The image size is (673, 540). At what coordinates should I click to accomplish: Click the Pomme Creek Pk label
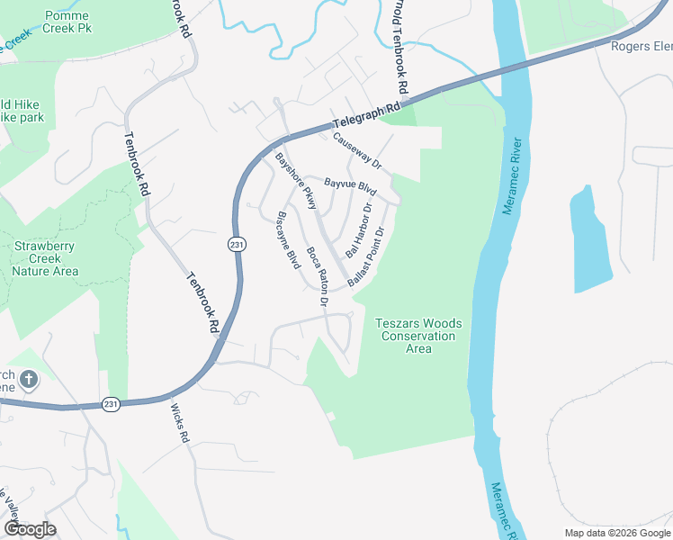(59, 22)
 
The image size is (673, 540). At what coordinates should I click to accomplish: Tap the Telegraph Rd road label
(366, 116)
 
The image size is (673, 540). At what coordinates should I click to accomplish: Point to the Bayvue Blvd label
(350, 185)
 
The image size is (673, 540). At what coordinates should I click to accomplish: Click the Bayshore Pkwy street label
(296, 182)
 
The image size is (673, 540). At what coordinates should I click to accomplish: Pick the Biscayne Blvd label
(288, 240)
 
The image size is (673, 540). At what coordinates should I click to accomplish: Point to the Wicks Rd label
(180, 424)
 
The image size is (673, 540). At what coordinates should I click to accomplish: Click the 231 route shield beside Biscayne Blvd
(237, 245)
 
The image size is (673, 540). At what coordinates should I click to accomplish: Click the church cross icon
(28, 380)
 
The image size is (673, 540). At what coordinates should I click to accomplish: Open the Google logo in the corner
(30, 529)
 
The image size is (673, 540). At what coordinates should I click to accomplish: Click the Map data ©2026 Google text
(616, 533)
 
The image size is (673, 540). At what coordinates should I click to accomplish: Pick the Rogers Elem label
(641, 47)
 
